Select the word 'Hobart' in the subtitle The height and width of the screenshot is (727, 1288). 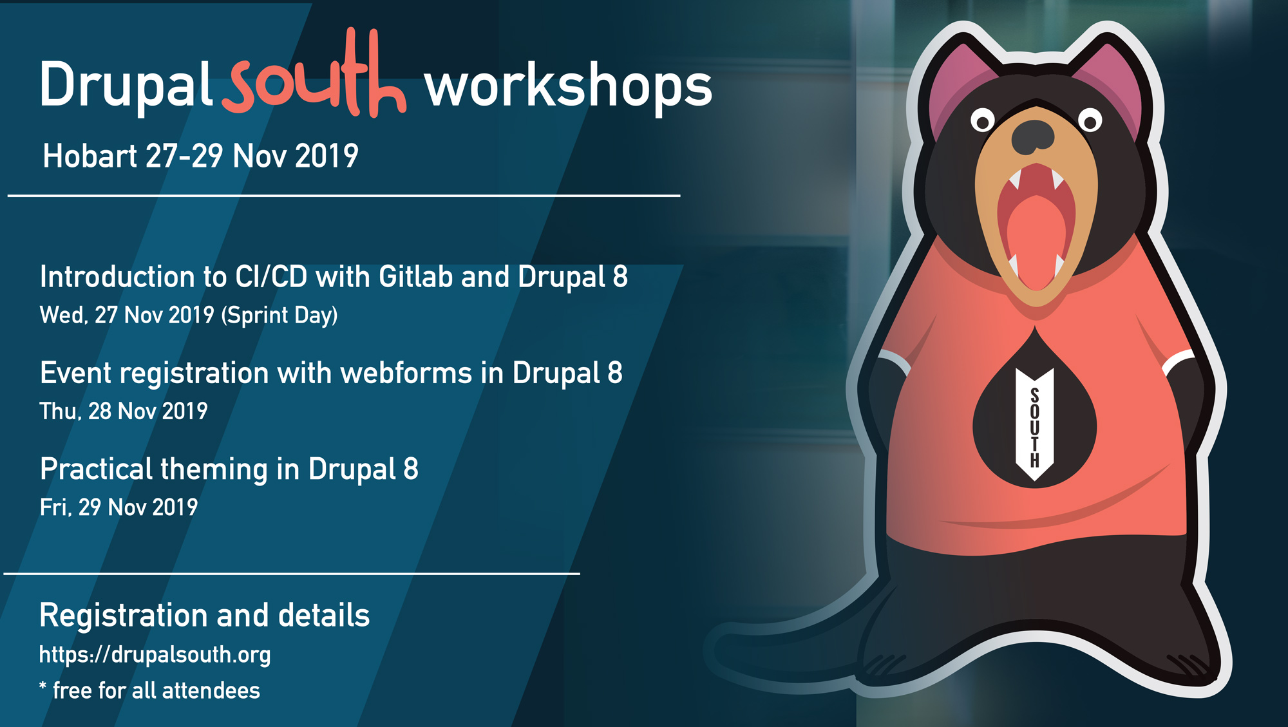(x=90, y=156)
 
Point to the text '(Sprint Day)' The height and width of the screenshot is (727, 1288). (x=279, y=316)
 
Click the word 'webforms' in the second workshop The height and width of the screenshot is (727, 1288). (x=406, y=373)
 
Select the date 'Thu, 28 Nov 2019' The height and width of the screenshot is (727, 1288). (x=124, y=411)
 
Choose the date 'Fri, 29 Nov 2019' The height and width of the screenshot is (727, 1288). (x=119, y=507)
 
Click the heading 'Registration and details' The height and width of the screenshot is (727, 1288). (x=205, y=616)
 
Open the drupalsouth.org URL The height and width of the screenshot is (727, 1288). (x=155, y=655)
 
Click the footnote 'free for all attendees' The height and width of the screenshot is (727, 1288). (x=156, y=691)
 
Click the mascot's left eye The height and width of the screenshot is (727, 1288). (x=983, y=120)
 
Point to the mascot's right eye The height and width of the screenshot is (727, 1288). (x=1090, y=120)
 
